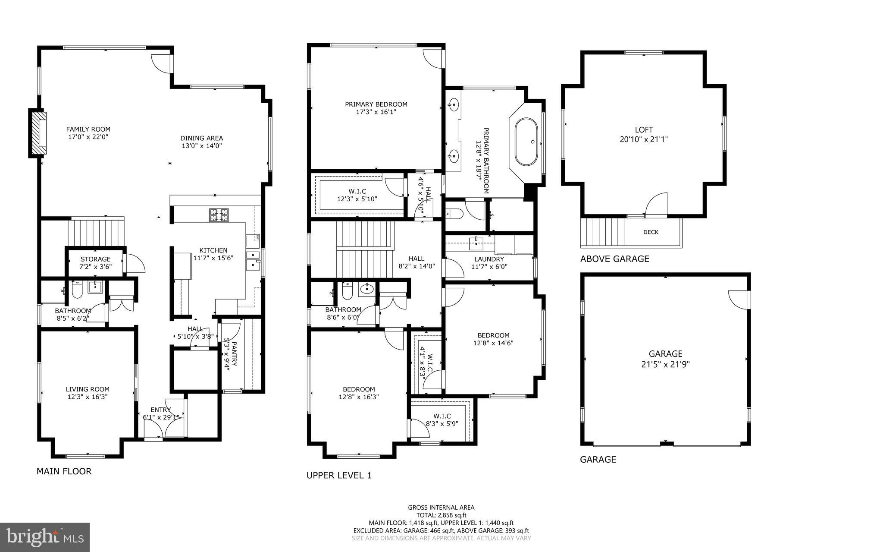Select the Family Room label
(88, 129)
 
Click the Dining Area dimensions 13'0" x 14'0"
(202, 146)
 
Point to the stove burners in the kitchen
(219, 215)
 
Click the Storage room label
(96, 259)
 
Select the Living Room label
(88, 389)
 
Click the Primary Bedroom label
(376, 104)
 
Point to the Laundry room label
(489, 259)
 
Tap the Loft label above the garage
(644, 129)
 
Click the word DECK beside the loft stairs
(651, 232)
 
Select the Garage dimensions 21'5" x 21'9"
(665, 364)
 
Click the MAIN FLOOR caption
(64, 471)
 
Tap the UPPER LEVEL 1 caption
(339, 476)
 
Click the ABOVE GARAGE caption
(614, 259)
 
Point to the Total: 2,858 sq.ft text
(441, 515)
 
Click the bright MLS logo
(45, 537)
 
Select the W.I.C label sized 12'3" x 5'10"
(357, 191)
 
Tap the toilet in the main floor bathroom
(77, 291)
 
